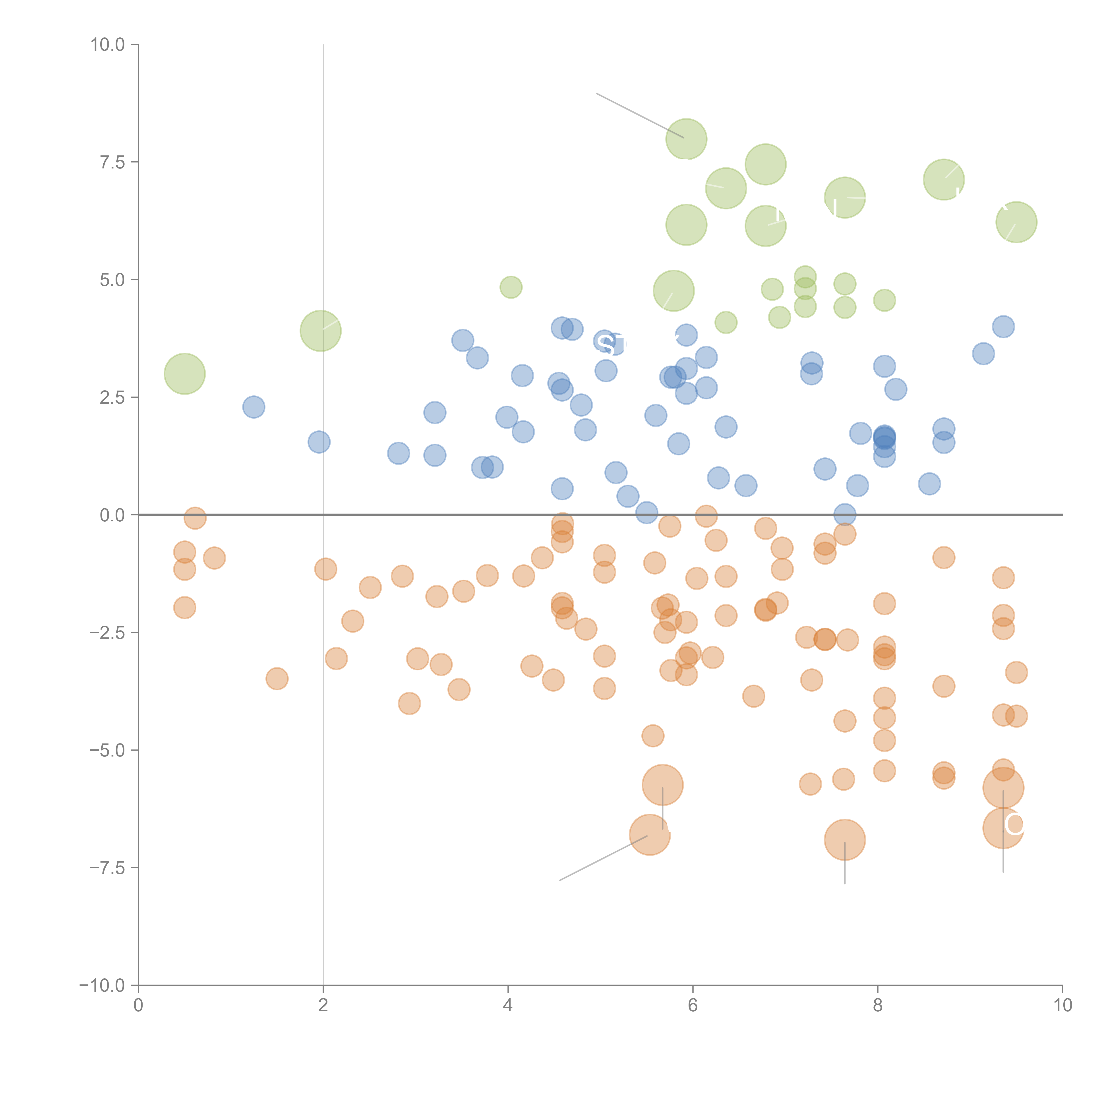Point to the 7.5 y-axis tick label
pyautogui.click(x=112, y=162)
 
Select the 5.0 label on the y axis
pyautogui.click(x=112, y=280)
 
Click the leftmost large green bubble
pyautogui.click(x=184, y=374)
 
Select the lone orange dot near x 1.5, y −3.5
pyautogui.click(x=277, y=679)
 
